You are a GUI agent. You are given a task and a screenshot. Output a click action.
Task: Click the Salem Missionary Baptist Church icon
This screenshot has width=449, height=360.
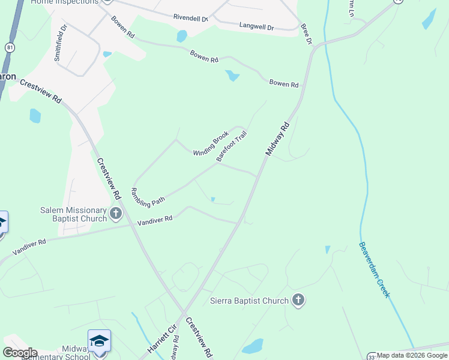coord(116,212)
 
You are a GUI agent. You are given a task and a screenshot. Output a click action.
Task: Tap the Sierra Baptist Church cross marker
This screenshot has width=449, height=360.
coord(298,300)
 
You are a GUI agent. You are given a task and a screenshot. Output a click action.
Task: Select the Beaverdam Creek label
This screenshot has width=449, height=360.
coord(375,269)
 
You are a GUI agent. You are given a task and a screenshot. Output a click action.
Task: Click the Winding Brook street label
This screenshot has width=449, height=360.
coord(211,144)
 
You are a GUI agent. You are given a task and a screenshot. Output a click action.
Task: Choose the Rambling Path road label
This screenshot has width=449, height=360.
coord(146,193)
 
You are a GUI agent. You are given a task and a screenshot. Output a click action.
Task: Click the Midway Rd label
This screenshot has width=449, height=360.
coord(277,140)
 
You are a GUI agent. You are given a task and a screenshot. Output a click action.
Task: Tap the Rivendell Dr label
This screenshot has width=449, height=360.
coord(190,18)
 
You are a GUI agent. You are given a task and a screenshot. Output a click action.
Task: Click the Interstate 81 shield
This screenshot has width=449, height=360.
coord(9,46)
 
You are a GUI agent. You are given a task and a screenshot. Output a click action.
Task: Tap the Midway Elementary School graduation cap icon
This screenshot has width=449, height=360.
coord(99,341)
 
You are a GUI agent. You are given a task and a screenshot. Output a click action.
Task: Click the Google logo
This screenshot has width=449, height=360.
coord(20,353)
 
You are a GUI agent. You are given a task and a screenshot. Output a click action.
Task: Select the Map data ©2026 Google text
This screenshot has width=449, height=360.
coord(412,355)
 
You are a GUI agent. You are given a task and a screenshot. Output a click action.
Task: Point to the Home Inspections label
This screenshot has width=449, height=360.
coord(65,2)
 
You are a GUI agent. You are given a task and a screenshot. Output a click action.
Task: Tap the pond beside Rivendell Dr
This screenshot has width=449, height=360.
coord(182,36)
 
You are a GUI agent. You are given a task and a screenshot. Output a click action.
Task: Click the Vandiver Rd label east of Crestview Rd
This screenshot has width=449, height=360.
coord(155,220)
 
